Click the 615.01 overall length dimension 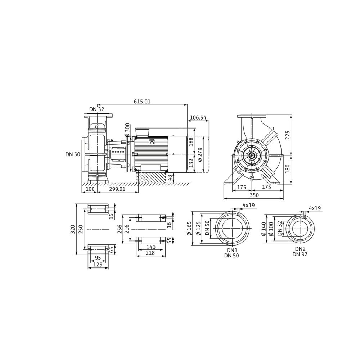coord(142,101)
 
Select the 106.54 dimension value coord(198,118)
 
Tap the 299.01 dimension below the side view coord(118,189)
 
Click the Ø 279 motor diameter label coord(199,154)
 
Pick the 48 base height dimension coord(170,177)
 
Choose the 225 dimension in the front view coord(288,135)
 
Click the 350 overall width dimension coord(254,195)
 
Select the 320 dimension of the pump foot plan coord(73,229)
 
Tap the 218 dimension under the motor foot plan coord(150,253)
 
